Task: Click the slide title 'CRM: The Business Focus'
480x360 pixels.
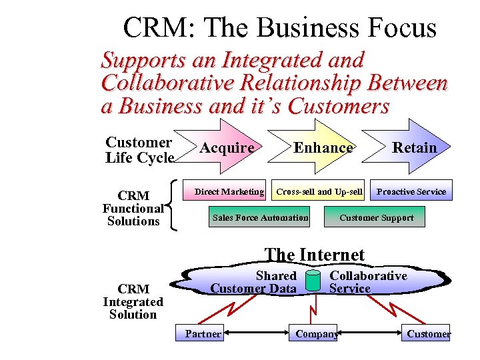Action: point(279,28)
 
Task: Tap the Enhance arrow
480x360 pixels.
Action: point(323,147)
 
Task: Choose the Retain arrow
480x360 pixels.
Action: point(414,147)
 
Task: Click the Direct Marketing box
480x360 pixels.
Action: point(229,191)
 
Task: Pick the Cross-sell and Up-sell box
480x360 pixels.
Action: point(319,191)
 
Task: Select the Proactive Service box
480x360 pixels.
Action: point(411,191)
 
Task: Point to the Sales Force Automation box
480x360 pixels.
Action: point(260,217)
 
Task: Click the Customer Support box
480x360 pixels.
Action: point(376,217)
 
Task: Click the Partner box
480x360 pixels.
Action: point(203,333)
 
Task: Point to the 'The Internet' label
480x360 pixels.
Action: point(314,255)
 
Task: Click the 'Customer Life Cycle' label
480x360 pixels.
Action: point(139,150)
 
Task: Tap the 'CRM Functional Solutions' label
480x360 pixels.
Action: point(133,208)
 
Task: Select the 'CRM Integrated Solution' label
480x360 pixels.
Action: point(133,301)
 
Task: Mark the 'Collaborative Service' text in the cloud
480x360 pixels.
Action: point(368,282)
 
